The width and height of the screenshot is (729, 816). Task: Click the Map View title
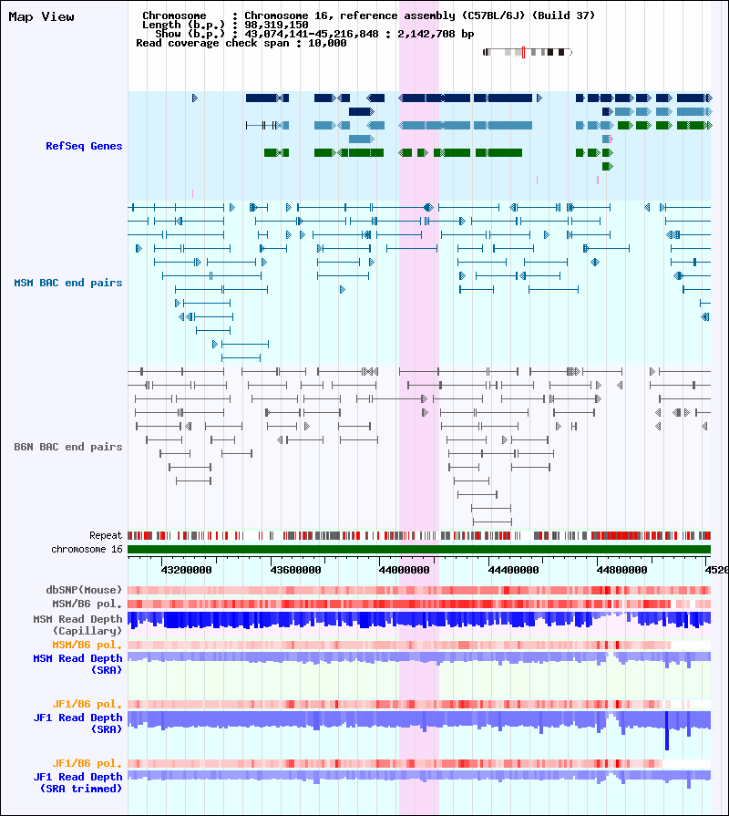(41, 16)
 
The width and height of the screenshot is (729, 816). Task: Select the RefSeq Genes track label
(84, 146)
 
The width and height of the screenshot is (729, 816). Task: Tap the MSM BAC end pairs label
(68, 284)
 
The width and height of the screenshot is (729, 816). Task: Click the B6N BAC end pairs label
(68, 447)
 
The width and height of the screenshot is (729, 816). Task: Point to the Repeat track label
(106, 535)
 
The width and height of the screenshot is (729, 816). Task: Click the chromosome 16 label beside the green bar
(87, 550)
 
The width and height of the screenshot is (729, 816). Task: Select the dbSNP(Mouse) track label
(84, 590)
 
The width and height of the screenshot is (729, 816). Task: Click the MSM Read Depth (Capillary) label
(77, 625)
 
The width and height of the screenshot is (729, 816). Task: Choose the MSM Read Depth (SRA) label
(77, 664)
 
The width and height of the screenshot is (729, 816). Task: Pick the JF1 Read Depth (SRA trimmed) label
(77, 782)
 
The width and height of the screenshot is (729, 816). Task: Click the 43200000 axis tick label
(186, 570)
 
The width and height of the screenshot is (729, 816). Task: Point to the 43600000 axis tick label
(295, 570)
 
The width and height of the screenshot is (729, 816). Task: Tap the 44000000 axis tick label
(404, 570)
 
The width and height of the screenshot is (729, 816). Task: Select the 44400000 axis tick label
(513, 570)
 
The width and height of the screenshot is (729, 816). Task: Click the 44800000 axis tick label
(621, 570)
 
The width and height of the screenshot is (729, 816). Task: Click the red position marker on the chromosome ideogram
(523, 52)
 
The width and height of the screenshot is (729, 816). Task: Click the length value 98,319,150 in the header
(276, 25)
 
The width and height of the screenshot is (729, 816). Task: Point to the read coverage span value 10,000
(327, 43)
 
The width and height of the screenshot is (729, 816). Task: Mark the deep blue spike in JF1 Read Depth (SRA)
(667, 730)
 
